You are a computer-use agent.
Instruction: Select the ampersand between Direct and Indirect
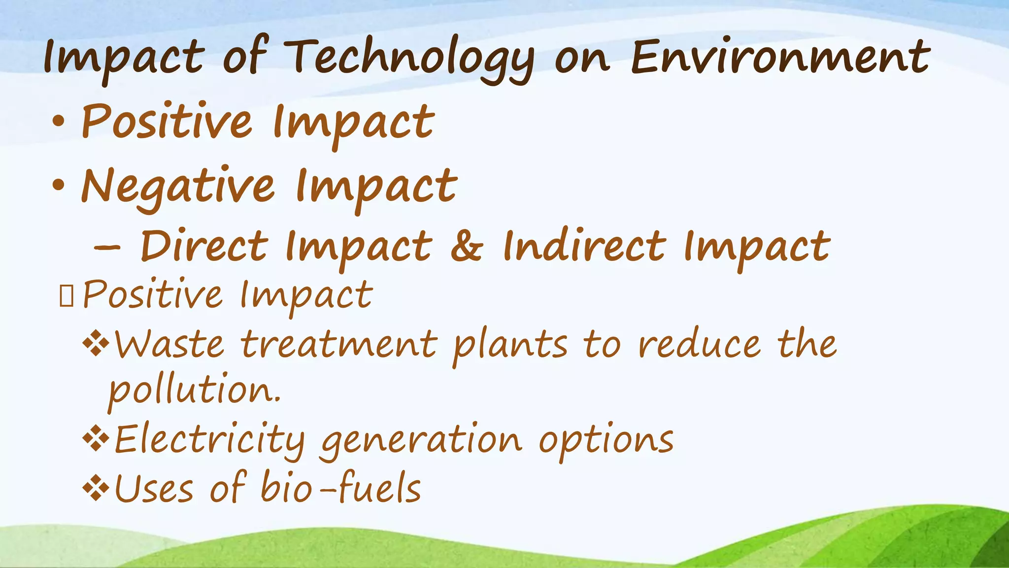(x=467, y=247)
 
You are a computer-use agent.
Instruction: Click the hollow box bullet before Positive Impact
(x=66, y=296)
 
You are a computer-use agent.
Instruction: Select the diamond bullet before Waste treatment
(x=96, y=344)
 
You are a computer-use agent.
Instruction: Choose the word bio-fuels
(x=340, y=488)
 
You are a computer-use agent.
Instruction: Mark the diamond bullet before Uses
(x=96, y=489)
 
